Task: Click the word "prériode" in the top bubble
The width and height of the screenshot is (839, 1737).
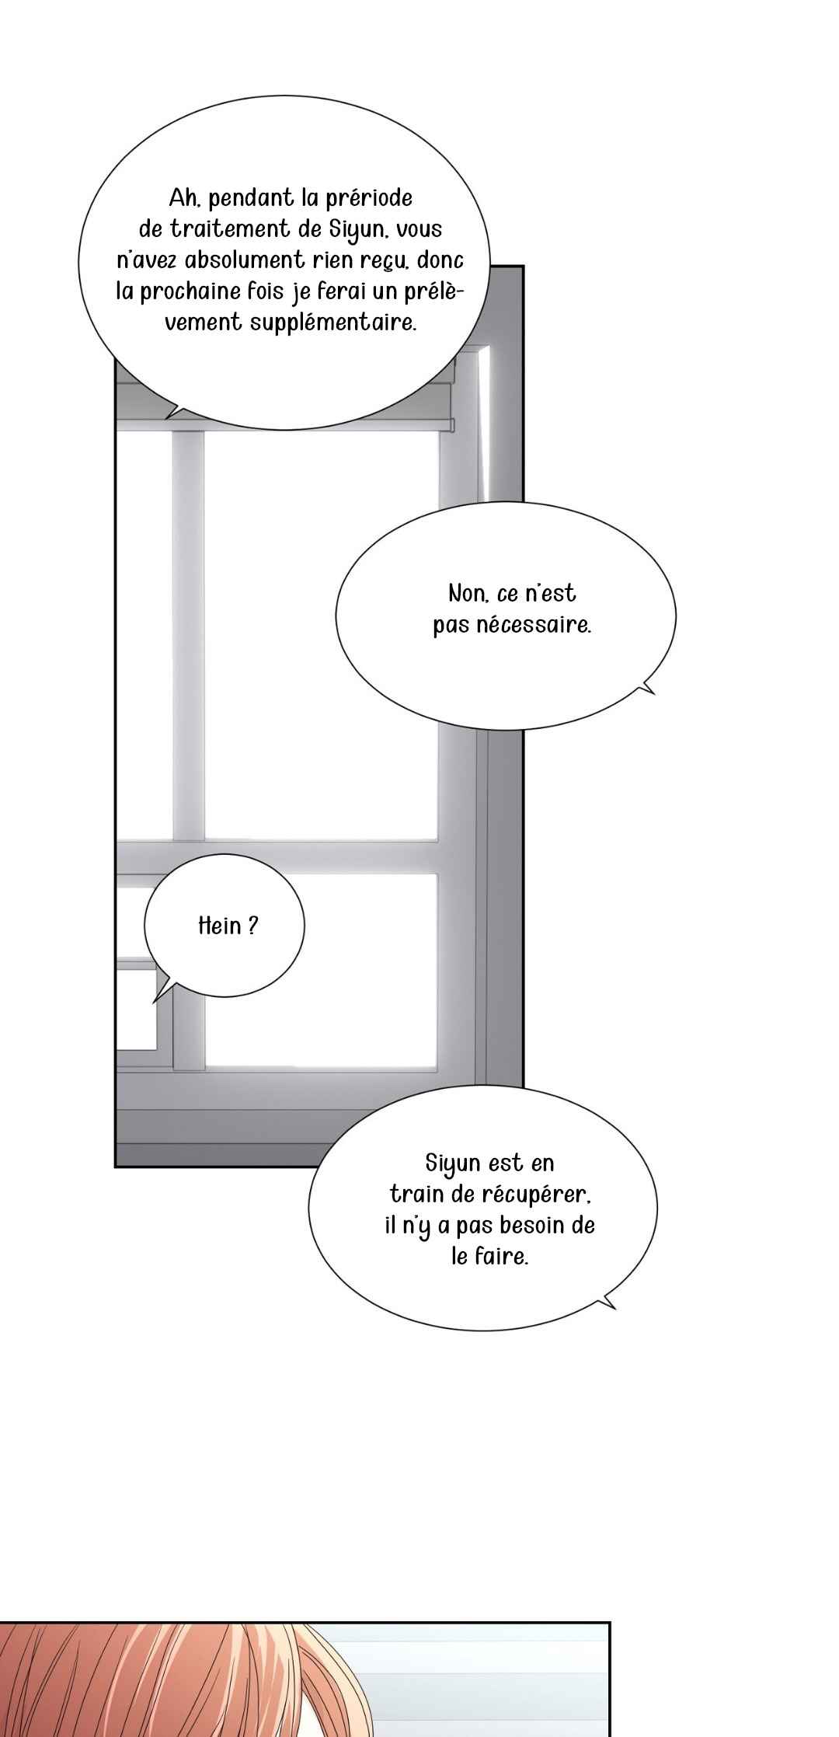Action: pyautogui.click(x=369, y=198)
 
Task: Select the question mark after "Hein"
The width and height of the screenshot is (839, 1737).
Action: pyautogui.click(x=252, y=926)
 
